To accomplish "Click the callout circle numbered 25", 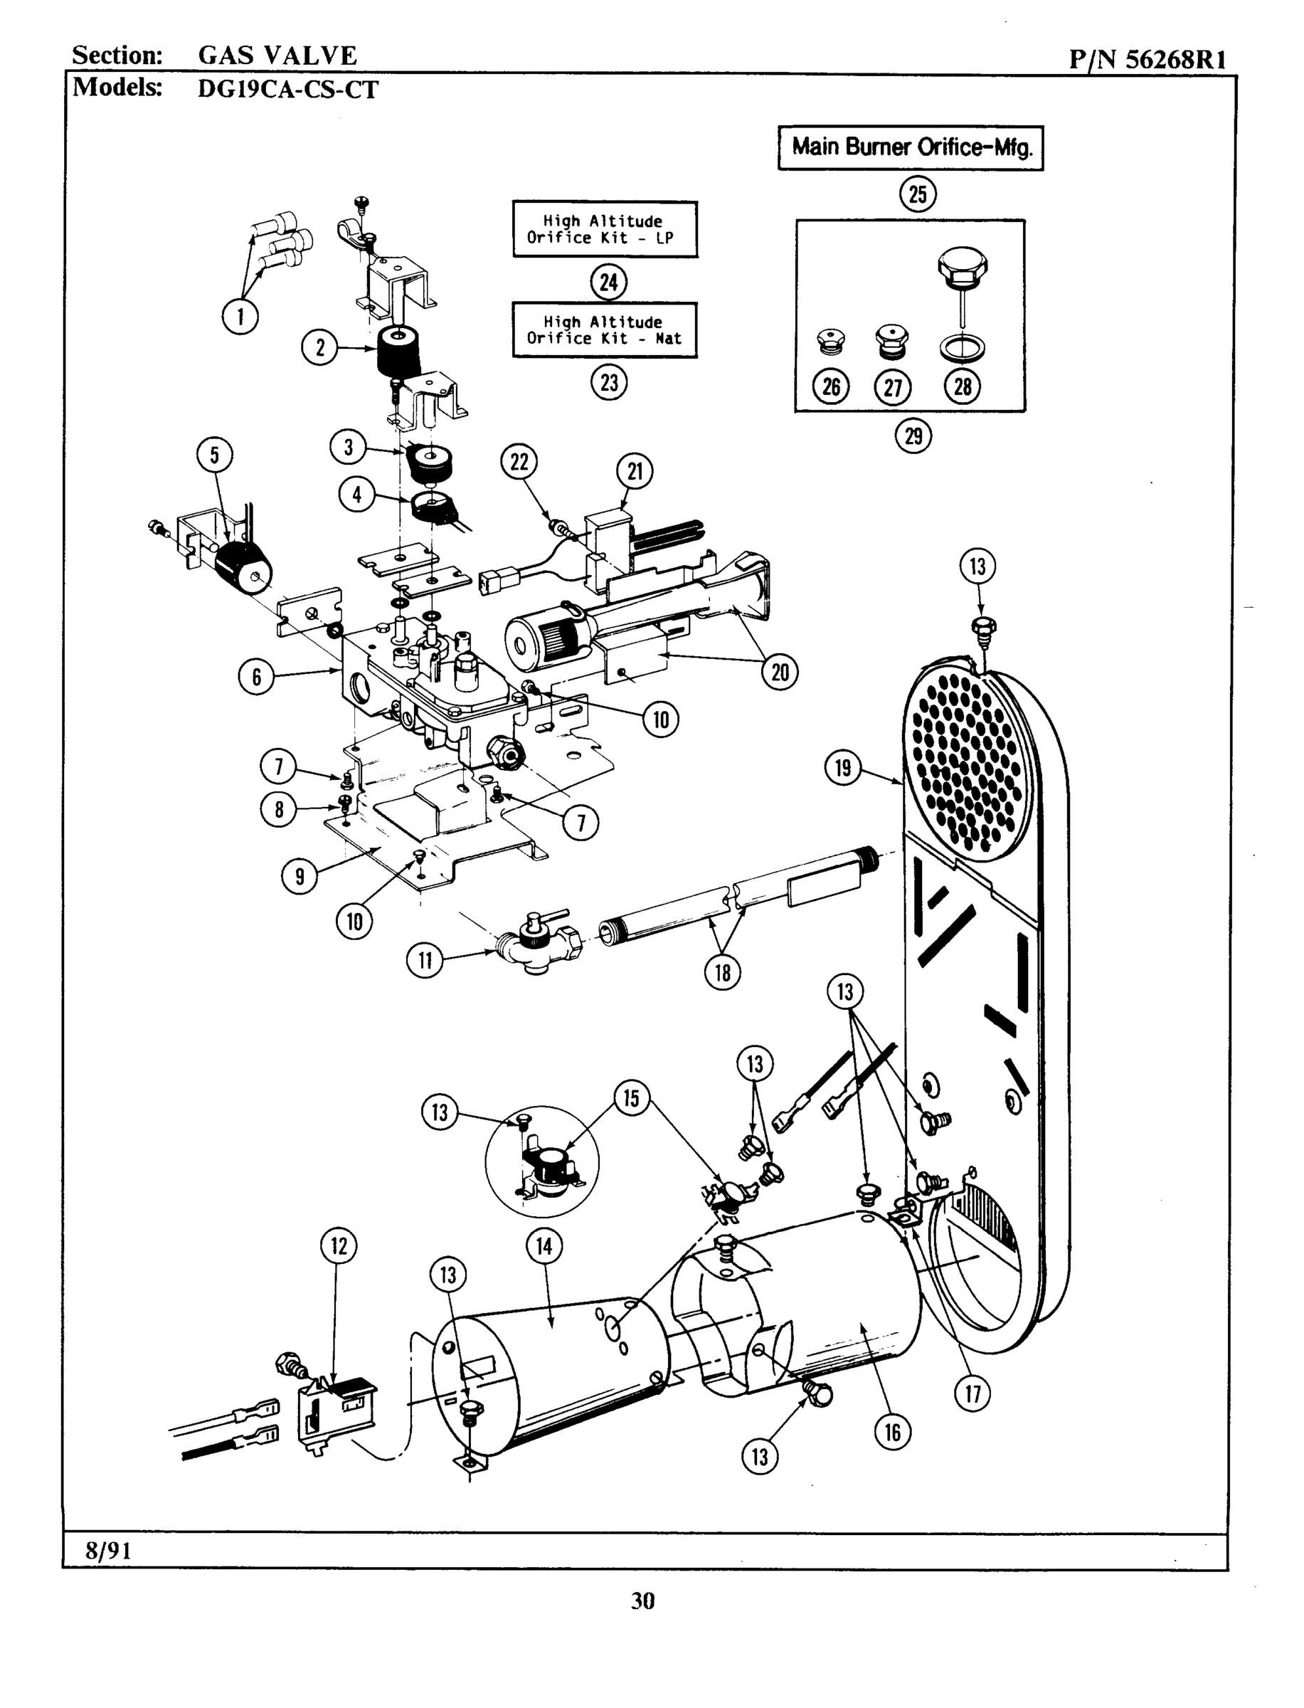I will pyautogui.click(x=918, y=194).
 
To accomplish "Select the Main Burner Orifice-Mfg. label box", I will pyautogui.click(x=911, y=147).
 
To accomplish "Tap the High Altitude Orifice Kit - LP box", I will pyautogui.click(x=605, y=229).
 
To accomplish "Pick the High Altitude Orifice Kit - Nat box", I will pyautogui.click(x=605, y=330).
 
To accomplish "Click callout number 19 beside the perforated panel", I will pyautogui.click(x=843, y=769).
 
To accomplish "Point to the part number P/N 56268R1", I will pyautogui.click(x=1147, y=59).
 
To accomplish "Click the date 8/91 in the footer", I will pyautogui.click(x=109, y=1551).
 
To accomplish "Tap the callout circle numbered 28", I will pyautogui.click(x=963, y=386).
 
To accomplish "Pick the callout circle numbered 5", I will pyautogui.click(x=215, y=455).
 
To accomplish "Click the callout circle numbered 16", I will pyautogui.click(x=893, y=1432).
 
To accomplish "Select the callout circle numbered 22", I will pyautogui.click(x=519, y=462).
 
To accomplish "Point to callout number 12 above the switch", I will pyautogui.click(x=339, y=1246).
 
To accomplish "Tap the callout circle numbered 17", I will pyautogui.click(x=972, y=1393).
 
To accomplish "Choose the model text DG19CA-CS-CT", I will pyautogui.click(x=288, y=89).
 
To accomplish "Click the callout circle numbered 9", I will pyautogui.click(x=300, y=877).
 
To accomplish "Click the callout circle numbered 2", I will pyautogui.click(x=320, y=347).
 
